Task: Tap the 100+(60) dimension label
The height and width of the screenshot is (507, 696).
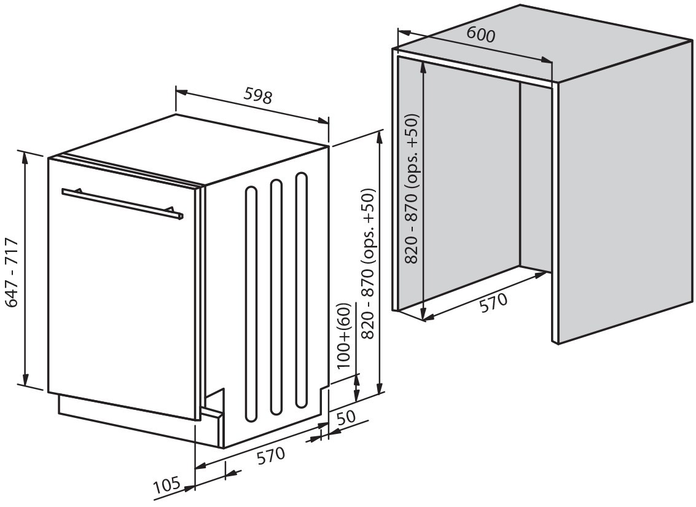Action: pyautogui.click(x=345, y=336)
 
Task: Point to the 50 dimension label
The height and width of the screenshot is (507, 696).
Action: pyautogui.click(x=346, y=417)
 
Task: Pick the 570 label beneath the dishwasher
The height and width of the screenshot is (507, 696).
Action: pyautogui.click(x=271, y=455)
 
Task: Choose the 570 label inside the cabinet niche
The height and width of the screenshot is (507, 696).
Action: pyautogui.click(x=493, y=302)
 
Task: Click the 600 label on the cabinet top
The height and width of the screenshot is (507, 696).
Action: pyautogui.click(x=480, y=34)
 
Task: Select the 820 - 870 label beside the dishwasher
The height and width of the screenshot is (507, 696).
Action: pyautogui.click(x=369, y=262)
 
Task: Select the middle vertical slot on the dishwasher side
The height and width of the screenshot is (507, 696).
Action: pyautogui.click(x=276, y=297)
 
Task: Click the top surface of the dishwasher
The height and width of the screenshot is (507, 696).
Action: pyautogui.click(x=190, y=147)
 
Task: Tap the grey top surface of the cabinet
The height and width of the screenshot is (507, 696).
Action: pyautogui.click(x=541, y=43)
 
